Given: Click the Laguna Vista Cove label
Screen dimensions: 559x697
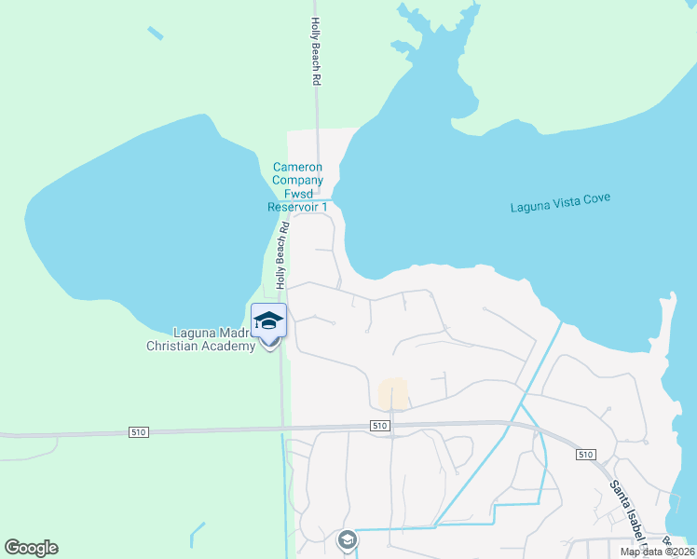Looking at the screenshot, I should tap(559, 207).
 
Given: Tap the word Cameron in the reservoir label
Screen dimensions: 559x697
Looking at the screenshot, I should tap(297, 168).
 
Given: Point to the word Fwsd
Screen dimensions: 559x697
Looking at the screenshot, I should tap(297, 194).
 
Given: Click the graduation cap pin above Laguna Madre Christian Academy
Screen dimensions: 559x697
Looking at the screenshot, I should tap(269, 320).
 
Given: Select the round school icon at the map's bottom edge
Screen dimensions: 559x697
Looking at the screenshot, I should tap(347, 540).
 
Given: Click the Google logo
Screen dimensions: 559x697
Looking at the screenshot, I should tap(31, 548).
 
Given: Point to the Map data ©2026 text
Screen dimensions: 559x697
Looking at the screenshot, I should tap(658, 552).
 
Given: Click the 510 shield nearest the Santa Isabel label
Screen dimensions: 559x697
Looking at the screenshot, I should tap(584, 455).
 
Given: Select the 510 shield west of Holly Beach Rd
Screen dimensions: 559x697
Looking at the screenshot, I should tap(138, 432).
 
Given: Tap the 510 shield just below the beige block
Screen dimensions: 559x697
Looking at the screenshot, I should tap(378, 426).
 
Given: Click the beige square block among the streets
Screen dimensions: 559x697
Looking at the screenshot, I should tap(393, 393).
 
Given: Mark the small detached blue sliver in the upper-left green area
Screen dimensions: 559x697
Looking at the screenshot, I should tap(155, 34).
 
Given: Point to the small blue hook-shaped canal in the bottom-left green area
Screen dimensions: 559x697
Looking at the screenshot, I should tap(196, 534).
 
